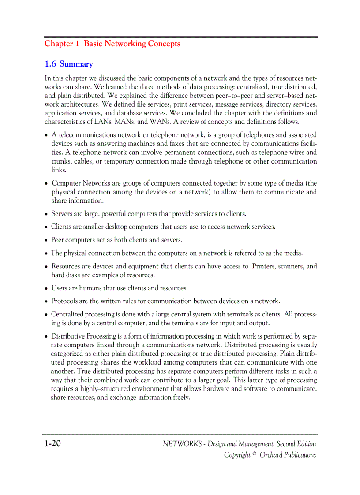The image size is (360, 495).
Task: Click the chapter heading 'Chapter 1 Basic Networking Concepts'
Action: (x=112, y=44)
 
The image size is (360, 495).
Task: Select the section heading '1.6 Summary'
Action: (x=68, y=64)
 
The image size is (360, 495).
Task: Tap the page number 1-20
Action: (x=52, y=443)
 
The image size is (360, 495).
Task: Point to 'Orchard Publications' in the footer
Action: (x=288, y=455)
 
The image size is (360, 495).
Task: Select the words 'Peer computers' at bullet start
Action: (x=73, y=240)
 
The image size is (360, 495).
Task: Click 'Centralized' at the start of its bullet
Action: (x=67, y=314)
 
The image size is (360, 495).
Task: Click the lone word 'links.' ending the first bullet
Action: (x=59, y=170)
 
